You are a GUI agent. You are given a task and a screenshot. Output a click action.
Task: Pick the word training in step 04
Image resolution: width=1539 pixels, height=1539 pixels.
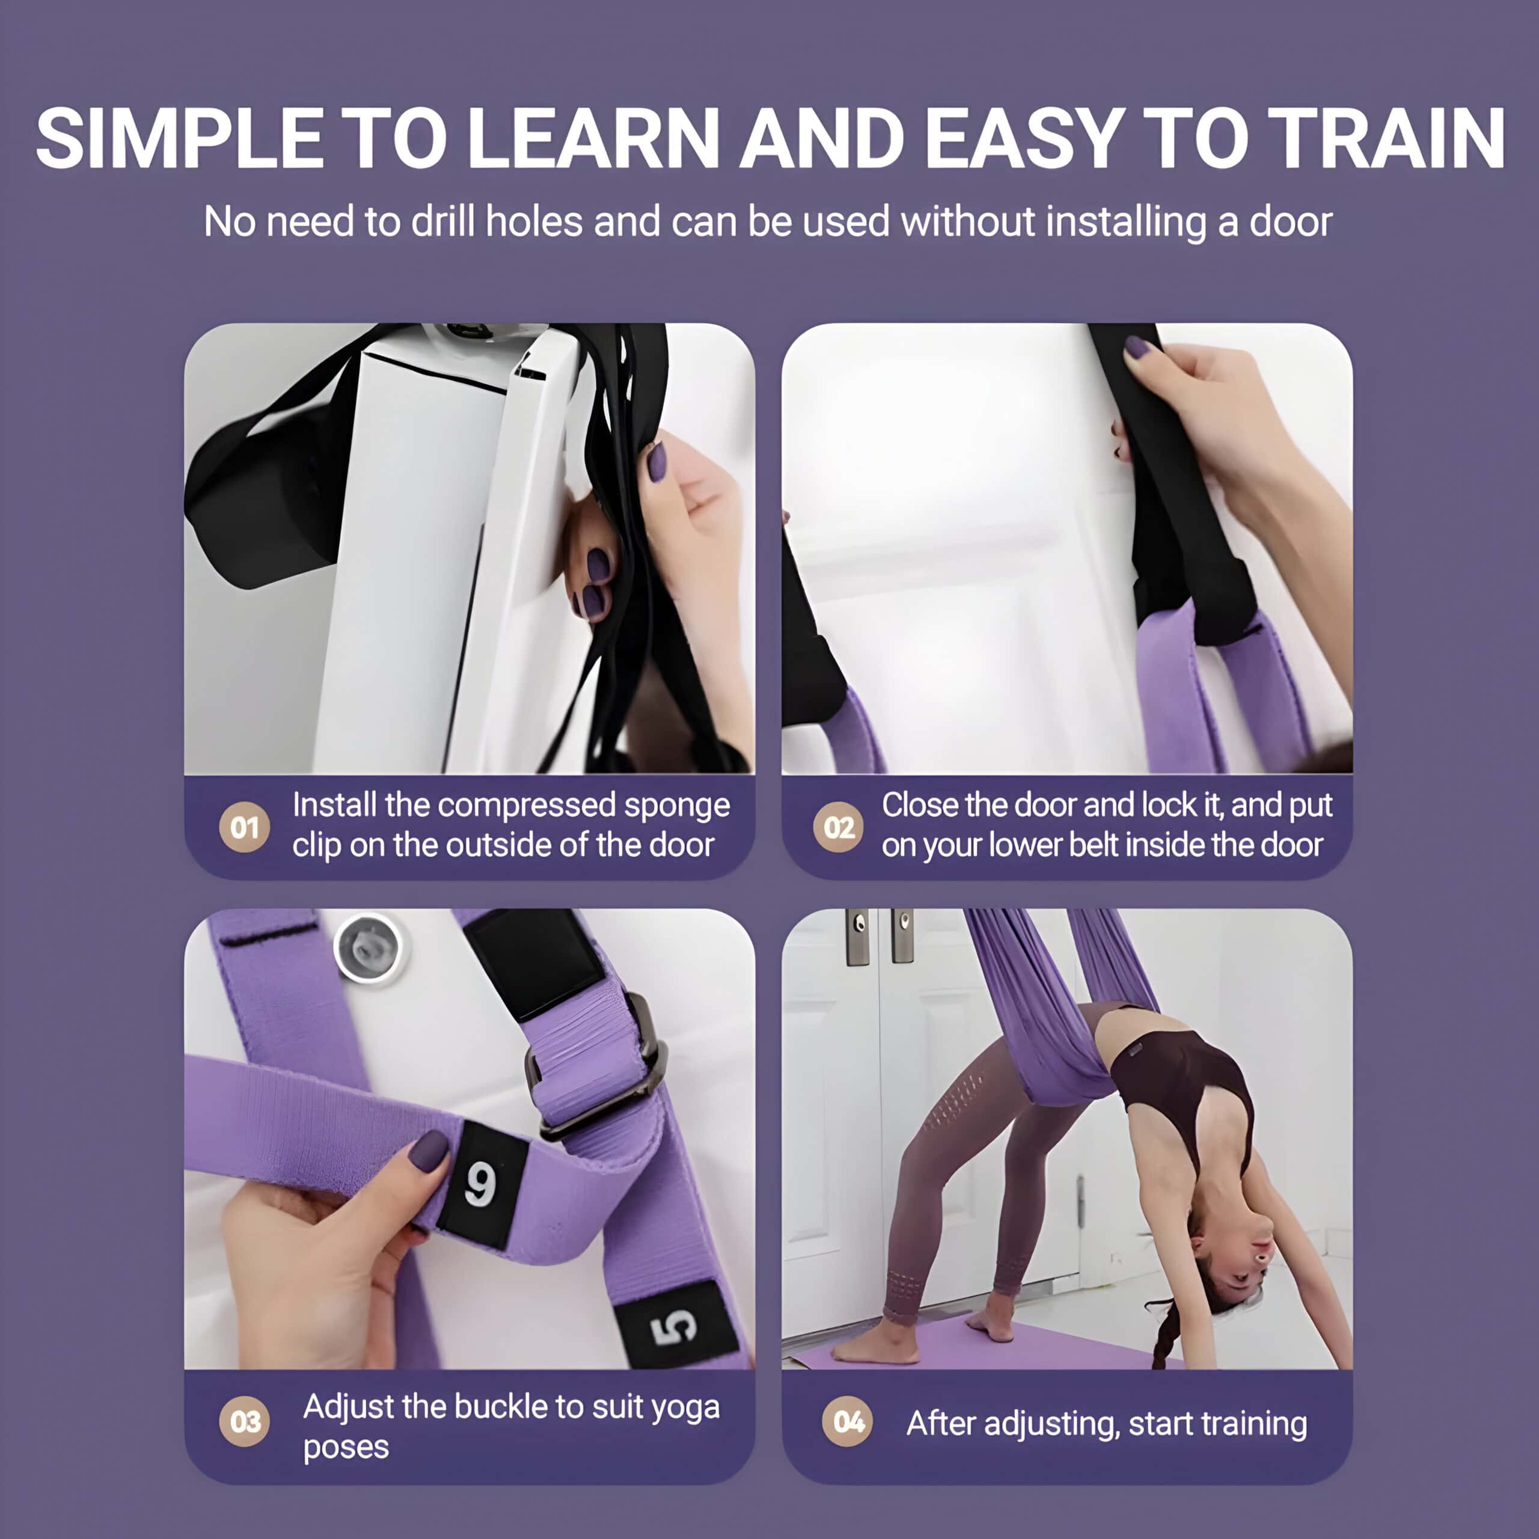click(x=1254, y=1424)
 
